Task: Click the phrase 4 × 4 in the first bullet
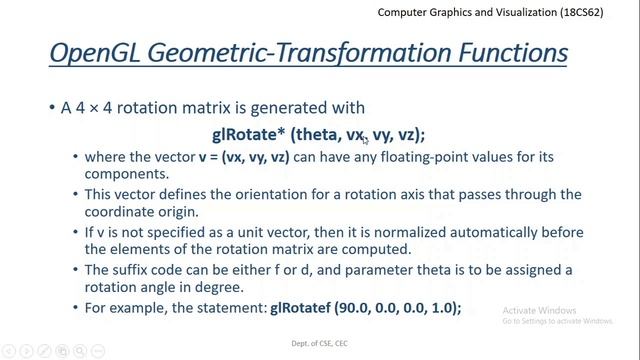coord(94,107)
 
